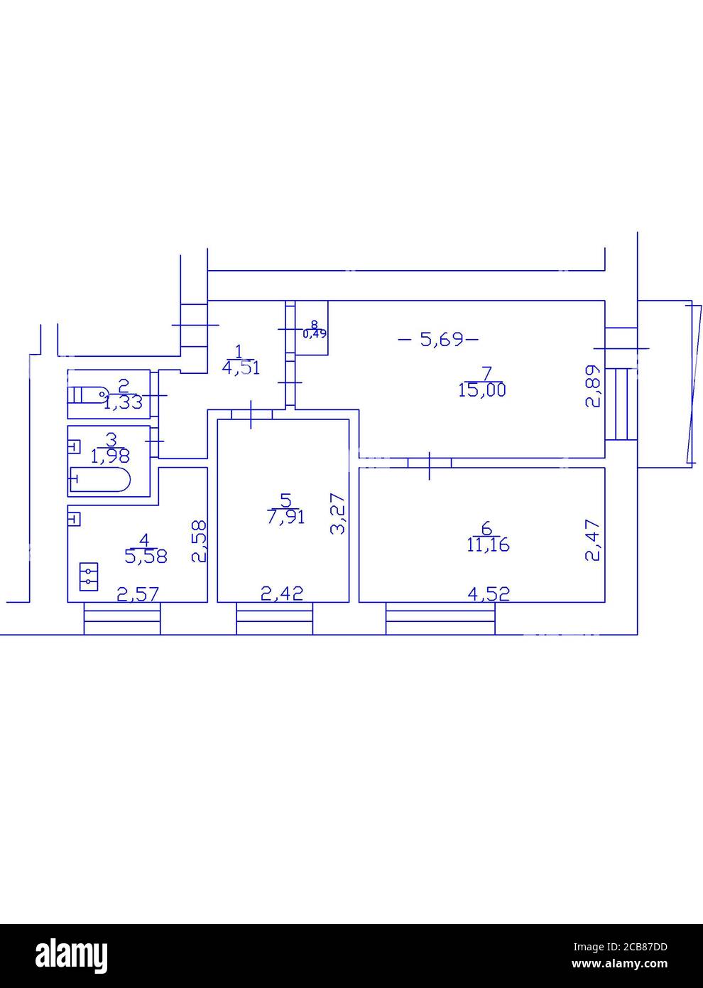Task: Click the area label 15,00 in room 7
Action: pos(482,390)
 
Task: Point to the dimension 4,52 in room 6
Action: pos(488,593)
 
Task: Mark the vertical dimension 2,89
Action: pos(593,387)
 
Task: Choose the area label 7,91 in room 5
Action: pos(286,517)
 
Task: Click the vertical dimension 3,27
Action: pos(339,514)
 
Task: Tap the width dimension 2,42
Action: pos(282,593)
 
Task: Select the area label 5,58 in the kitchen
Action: pos(146,556)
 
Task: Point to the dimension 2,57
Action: pos(138,593)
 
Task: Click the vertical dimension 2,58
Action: pos(199,541)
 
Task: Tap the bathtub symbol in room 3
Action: pos(100,480)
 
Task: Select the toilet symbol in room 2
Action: pos(88,393)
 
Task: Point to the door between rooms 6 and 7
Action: pos(430,463)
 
